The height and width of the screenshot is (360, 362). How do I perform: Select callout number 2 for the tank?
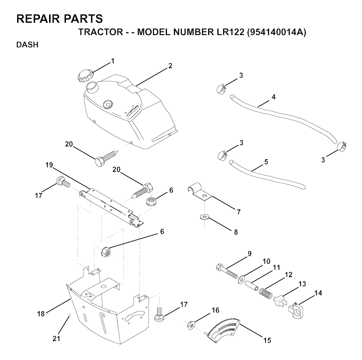(170, 66)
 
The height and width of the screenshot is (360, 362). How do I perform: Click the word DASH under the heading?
(27, 45)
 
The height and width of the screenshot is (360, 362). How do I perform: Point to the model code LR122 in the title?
(230, 32)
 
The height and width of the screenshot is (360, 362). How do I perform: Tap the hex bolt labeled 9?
(227, 272)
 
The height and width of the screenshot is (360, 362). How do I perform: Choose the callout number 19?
(49, 165)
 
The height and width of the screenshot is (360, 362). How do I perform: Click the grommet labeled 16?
(191, 325)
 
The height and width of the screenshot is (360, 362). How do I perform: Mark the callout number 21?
(56, 338)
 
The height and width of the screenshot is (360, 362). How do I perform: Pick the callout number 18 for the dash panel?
(41, 314)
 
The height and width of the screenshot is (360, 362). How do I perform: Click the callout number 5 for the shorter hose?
(266, 162)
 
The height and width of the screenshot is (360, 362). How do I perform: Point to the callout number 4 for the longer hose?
(274, 97)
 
